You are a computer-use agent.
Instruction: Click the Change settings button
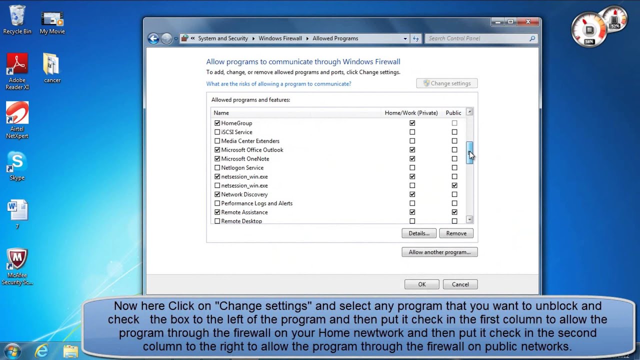[x=447, y=83]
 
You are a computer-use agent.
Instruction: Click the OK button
[x=421, y=284]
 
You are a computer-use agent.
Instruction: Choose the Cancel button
[x=460, y=284]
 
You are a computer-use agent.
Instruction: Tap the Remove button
[x=456, y=233]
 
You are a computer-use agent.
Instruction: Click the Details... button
[x=419, y=233]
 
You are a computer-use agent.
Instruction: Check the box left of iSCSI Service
[x=217, y=132]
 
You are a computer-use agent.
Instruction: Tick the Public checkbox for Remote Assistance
[x=454, y=212]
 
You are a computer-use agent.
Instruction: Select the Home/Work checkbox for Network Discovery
[x=412, y=194]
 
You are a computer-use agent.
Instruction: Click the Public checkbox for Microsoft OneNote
[x=454, y=158]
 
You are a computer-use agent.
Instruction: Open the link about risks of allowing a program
[x=278, y=83]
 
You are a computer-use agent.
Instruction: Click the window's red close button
[x=528, y=21]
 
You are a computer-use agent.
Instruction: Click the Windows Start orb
[x=12, y=351]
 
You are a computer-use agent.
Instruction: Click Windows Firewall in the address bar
[x=280, y=38]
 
